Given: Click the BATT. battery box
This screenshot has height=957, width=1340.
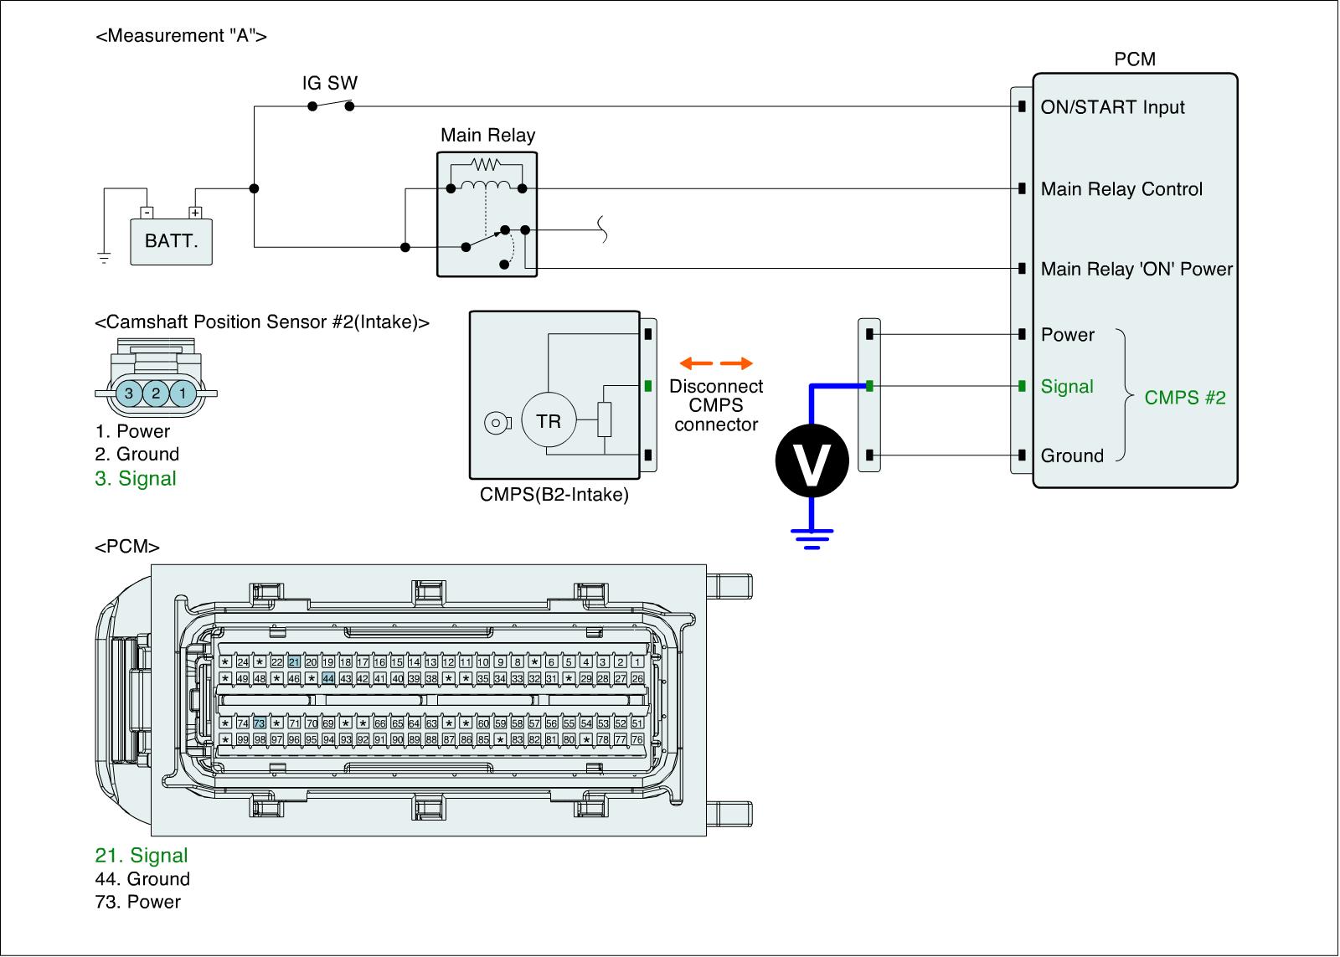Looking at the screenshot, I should coord(172,241).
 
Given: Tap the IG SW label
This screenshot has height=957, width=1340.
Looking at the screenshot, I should coord(329,83).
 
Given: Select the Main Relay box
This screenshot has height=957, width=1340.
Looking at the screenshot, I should coord(487,214).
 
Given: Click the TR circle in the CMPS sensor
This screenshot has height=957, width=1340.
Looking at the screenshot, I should coord(549,421).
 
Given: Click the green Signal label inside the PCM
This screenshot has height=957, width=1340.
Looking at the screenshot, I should coord(1067,387).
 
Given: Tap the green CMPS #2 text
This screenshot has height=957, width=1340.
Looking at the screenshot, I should coord(1184,398).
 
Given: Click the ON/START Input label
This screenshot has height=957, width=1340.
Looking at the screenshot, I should coord(1112,107).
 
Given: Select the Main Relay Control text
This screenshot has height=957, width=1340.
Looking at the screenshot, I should coord(1121,189).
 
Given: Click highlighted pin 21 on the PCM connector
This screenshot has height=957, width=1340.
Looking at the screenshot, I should coord(294,662).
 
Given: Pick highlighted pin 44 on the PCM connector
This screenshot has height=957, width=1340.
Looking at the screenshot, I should coord(328,678).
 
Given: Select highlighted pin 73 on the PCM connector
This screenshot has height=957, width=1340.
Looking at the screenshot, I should coord(260,723).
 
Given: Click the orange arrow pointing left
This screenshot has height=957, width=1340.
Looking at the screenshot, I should coord(696,363).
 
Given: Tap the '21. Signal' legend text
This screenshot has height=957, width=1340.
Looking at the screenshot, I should coord(141,855).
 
